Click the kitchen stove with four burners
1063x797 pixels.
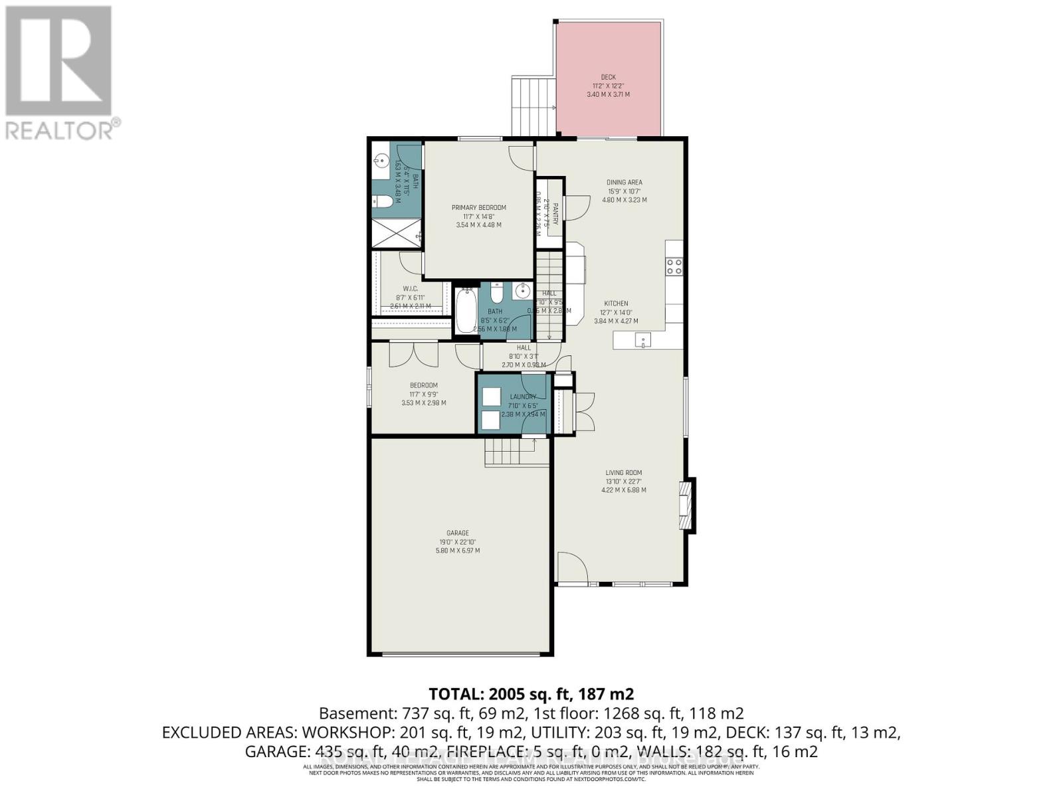click(x=674, y=266)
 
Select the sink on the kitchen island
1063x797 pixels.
click(x=642, y=341)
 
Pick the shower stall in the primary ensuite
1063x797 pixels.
click(x=395, y=233)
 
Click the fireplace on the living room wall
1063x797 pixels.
click(x=686, y=505)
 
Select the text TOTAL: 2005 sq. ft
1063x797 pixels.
click(x=531, y=694)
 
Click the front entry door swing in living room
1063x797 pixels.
click(x=571, y=568)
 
